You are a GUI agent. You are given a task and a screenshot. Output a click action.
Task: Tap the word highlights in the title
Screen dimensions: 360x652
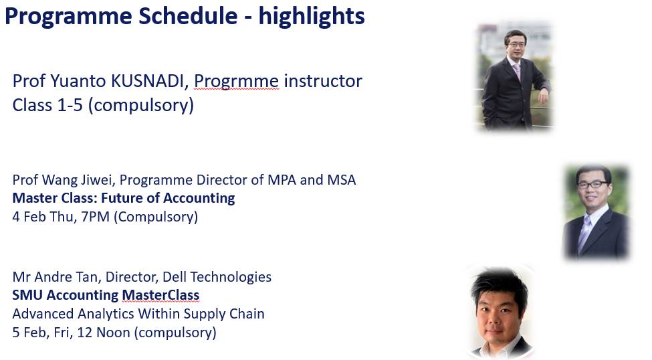click(312, 17)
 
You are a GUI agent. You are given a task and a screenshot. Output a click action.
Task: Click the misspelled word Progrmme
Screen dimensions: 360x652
click(236, 82)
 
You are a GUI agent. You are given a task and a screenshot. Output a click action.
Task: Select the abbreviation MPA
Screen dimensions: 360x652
click(300, 180)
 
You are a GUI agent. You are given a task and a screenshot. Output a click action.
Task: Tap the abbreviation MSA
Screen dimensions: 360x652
click(342, 180)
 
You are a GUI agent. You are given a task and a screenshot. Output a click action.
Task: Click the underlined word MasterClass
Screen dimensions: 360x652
click(160, 295)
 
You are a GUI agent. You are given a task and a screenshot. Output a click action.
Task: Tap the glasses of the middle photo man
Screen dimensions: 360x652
click(594, 184)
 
